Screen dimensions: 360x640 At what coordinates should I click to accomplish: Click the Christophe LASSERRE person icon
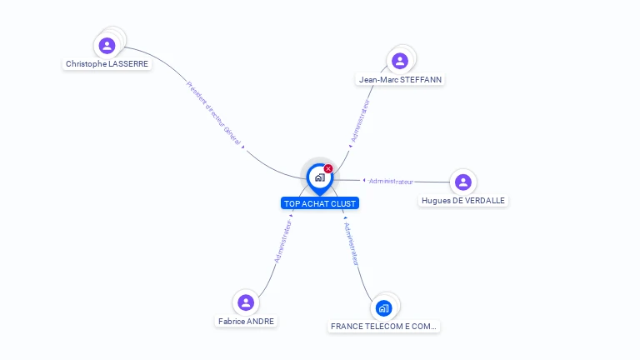[107, 46]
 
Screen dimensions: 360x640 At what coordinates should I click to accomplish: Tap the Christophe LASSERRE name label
[107, 64]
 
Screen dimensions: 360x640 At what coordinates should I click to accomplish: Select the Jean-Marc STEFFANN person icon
[400, 61]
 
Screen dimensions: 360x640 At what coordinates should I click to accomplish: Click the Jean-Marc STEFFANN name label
[400, 80]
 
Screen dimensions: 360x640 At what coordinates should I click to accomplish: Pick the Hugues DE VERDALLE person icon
[463, 182]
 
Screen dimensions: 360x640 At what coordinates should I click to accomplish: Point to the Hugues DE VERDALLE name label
[463, 201]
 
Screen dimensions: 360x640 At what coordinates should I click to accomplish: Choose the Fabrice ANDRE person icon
[246, 302]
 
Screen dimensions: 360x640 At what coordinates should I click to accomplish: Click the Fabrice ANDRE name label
[246, 321]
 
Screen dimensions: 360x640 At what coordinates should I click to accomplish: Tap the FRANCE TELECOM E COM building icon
[383, 308]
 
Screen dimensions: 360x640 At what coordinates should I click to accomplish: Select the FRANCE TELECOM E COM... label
[383, 327]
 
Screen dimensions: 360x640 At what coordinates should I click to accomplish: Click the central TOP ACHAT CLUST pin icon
[319, 177]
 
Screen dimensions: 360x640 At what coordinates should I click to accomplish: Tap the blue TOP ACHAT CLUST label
[320, 203]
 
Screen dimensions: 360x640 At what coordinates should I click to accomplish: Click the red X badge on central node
[328, 169]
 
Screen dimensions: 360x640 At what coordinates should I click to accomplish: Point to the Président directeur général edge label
[213, 113]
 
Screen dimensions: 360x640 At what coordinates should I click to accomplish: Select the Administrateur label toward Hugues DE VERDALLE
[391, 181]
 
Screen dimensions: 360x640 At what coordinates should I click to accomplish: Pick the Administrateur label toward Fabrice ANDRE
[283, 241]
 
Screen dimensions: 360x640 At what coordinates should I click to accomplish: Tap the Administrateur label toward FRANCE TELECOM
[352, 243]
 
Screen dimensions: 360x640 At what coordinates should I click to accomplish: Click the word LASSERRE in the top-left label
[128, 64]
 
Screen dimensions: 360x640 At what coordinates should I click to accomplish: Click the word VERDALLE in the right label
[483, 201]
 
